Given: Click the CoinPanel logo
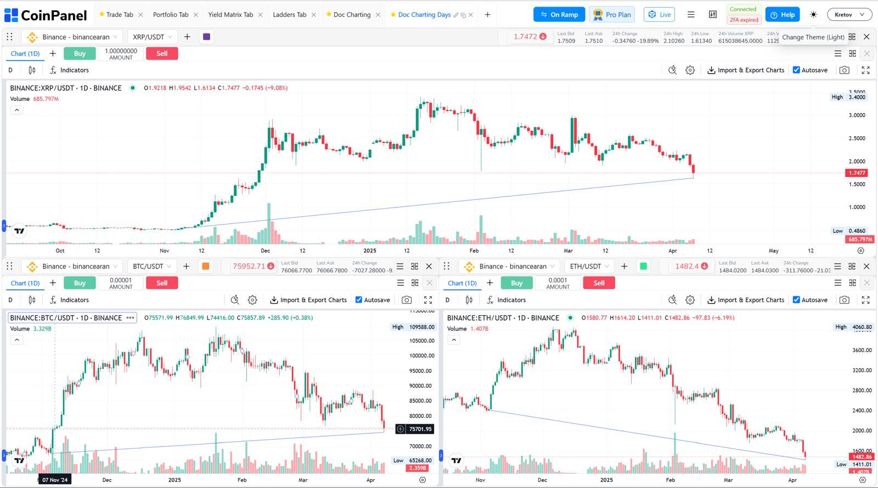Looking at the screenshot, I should click(46, 15).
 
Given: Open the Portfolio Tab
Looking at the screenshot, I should click(170, 15).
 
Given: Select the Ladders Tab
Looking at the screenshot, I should click(289, 15).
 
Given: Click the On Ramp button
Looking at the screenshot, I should click(559, 15).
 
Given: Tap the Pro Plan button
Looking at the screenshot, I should click(612, 15).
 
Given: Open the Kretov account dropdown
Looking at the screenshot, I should click(849, 15).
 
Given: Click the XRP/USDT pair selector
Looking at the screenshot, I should click(152, 37).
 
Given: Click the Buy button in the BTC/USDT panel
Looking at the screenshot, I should click(80, 283).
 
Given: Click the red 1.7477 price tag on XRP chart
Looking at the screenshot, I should click(857, 173).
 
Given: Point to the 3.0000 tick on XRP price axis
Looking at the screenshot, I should click(857, 115).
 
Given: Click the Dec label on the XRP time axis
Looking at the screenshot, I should click(266, 251).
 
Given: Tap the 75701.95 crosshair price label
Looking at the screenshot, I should click(420, 429).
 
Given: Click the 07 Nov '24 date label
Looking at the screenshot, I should click(55, 480).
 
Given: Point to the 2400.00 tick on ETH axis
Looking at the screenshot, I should click(862, 411).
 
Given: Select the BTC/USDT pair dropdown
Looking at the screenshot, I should click(152, 266).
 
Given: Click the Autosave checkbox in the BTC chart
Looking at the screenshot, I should click(359, 300).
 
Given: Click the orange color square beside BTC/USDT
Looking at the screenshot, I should click(205, 266).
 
